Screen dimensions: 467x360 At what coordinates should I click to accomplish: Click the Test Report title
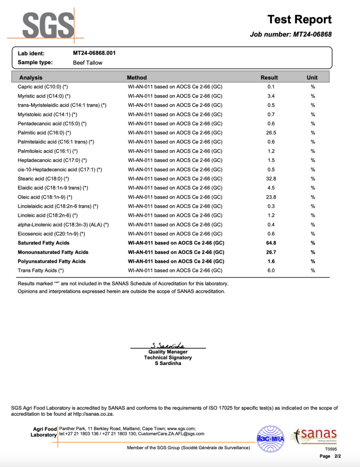tap(299, 19)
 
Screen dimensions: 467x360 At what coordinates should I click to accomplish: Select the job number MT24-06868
tap(313, 34)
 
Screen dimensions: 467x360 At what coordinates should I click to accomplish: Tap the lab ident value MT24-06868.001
tap(94, 53)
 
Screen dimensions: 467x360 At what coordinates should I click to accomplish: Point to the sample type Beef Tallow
tap(87, 63)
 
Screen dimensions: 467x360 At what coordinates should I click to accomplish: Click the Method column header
tap(137, 77)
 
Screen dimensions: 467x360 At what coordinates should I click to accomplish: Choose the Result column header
tap(269, 77)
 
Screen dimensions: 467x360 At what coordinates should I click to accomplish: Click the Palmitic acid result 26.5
tap(271, 133)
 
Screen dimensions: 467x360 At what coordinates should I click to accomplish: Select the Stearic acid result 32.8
tap(271, 179)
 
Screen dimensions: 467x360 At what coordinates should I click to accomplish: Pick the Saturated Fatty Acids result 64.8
tap(271, 243)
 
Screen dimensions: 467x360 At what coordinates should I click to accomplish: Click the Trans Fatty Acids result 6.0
tap(271, 271)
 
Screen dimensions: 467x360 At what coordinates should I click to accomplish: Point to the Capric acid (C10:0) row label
tap(43, 87)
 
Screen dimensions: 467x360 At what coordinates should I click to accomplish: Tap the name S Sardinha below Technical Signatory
tap(168, 363)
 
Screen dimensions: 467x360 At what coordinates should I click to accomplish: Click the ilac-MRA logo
tap(270, 438)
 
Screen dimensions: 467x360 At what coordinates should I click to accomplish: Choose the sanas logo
tap(315, 435)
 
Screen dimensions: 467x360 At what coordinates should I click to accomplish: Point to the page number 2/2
tap(337, 456)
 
